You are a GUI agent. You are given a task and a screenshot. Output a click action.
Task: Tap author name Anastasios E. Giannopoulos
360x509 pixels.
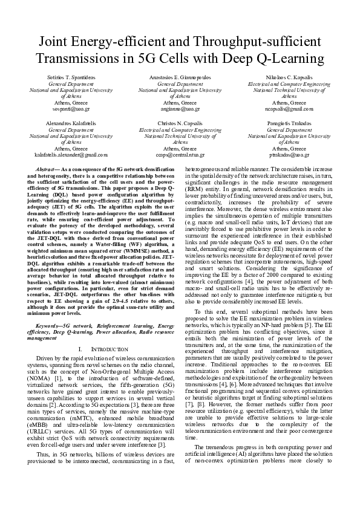tap(180, 79)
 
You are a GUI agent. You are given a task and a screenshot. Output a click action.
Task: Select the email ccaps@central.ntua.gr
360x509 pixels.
tap(180, 154)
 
